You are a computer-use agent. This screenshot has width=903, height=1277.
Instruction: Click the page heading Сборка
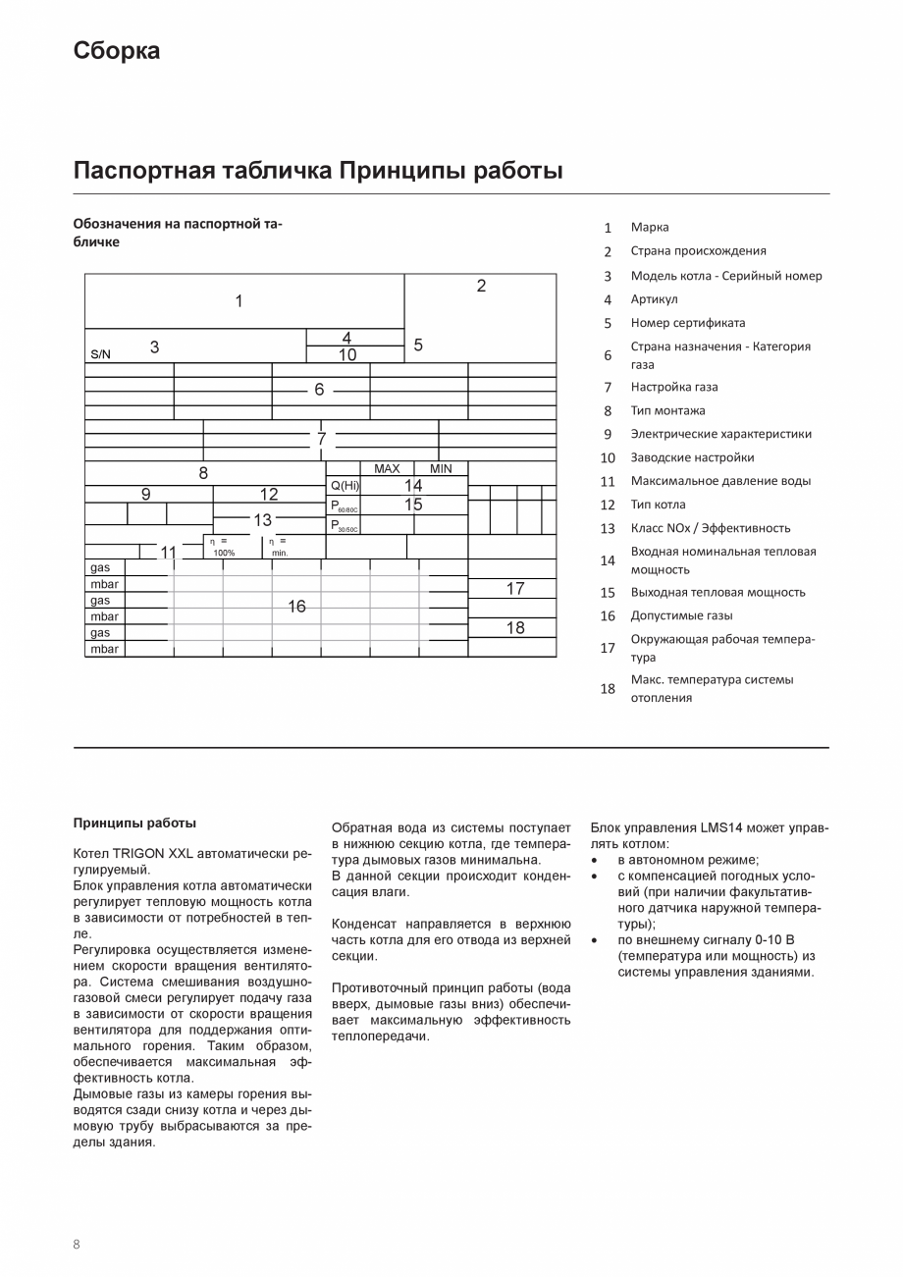[x=116, y=51]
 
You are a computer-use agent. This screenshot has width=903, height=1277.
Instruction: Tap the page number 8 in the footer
[x=77, y=1244]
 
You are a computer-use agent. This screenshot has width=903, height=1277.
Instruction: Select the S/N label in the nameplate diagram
[x=101, y=354]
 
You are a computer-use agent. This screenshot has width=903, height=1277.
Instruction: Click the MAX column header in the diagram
[x=387, y=469]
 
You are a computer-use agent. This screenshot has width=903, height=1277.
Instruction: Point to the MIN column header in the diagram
[x=441, y=469]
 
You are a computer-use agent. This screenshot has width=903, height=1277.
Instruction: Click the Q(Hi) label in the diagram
[x=345, y=486]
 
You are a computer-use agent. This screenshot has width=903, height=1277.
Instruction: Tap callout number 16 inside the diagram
[x=296, y=607]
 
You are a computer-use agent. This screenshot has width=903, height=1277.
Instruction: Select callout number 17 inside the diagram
[x=515, y=589]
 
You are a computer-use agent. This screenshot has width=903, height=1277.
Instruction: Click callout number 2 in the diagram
[x=481, y=286]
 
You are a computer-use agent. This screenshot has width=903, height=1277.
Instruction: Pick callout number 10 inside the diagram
[x=347, y=355]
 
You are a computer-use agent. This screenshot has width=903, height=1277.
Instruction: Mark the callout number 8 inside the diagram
[x=203, y=473]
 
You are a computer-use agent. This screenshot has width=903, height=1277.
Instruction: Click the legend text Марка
[x=650, y=227]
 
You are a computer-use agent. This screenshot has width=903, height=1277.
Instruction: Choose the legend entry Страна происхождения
[x=698, y=251]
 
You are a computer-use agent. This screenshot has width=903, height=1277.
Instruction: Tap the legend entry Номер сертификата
[x=687, y=323]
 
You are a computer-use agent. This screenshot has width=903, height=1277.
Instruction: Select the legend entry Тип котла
[x=658, y=505]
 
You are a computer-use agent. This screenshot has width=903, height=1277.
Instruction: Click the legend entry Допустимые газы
[x=681, y=616]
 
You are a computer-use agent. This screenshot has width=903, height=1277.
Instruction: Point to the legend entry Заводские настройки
[x=692, y=457]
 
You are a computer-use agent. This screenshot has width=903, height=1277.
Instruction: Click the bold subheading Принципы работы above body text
[x=134, y=823]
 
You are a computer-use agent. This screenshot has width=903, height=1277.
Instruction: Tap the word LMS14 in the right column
[x=721, y=827]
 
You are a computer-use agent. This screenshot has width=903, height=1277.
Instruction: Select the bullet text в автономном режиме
[x=688, y=860]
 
